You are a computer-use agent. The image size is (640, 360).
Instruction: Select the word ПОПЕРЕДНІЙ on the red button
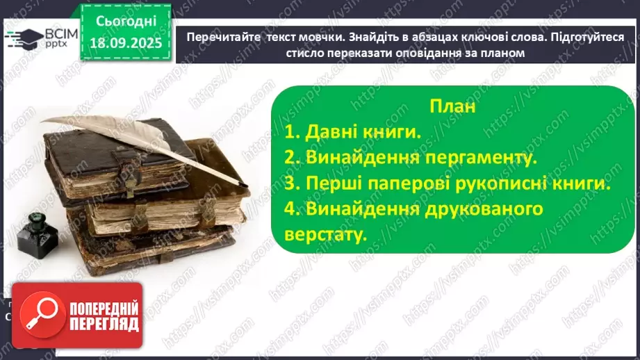104,308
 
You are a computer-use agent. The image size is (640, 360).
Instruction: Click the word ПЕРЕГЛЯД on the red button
104,324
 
